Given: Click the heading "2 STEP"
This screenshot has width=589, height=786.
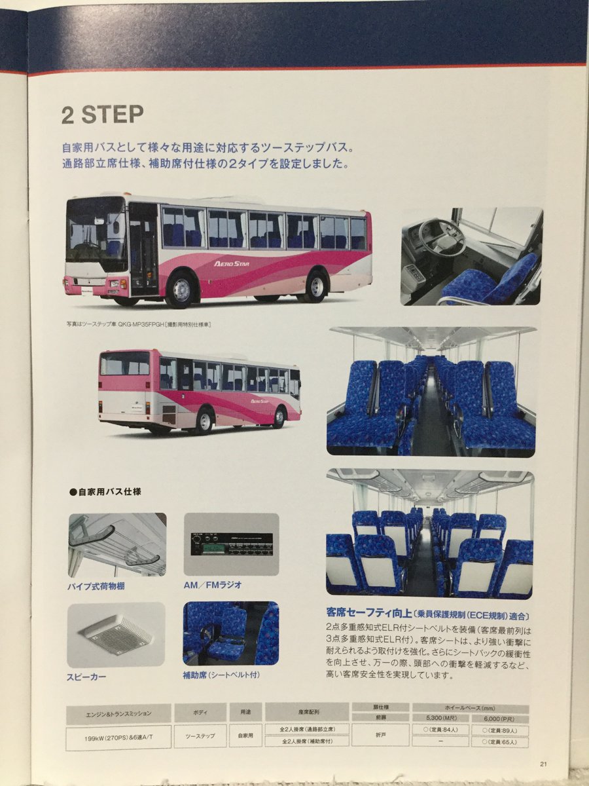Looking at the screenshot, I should point(102,115).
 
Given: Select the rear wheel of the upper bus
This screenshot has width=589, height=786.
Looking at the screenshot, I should point(316,286).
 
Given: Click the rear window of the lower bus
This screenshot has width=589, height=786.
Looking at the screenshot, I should point(124,364).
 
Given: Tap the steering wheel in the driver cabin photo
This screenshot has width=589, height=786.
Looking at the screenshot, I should point(442,236).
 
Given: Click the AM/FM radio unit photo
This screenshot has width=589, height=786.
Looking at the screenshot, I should point(231,544).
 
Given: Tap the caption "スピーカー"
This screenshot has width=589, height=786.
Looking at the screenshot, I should point(86,676).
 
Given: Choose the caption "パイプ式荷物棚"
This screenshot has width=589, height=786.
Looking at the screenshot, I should point(97,586).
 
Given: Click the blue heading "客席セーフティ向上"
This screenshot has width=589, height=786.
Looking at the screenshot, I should point(368,614).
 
